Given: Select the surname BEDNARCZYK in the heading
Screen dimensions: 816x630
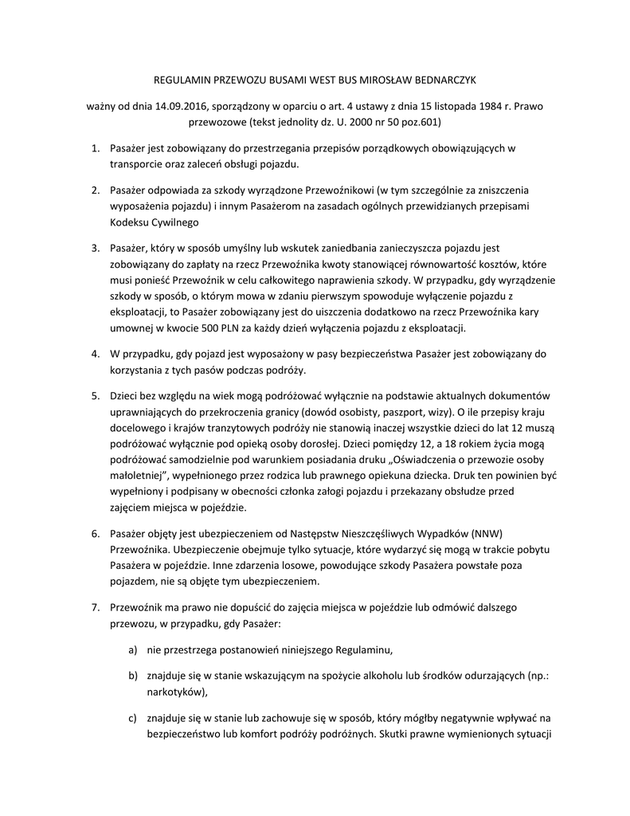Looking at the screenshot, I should (x=443, y=80).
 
